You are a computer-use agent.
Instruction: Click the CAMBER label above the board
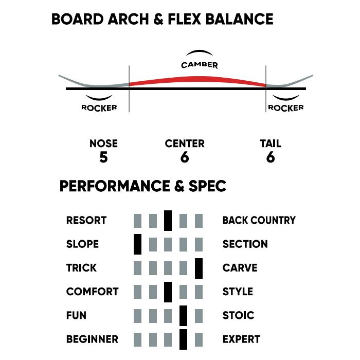199,65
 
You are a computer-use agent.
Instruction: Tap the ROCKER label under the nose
99,107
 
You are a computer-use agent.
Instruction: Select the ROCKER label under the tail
285,108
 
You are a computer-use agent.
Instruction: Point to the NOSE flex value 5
103,157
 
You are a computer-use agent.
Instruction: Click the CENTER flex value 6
185,157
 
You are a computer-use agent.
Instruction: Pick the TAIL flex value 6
271,157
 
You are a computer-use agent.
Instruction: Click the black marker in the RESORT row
168,221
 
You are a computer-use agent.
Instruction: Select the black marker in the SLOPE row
137,244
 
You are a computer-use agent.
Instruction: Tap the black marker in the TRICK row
199,268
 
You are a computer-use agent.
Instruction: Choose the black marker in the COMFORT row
168,292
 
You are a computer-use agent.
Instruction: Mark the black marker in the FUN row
183,315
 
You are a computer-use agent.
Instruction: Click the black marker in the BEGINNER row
183,339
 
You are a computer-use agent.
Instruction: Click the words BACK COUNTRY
259,221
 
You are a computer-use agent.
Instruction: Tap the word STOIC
238,315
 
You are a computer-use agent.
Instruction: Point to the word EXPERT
241,339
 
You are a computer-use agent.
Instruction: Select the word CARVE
240,268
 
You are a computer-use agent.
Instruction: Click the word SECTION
245,244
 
